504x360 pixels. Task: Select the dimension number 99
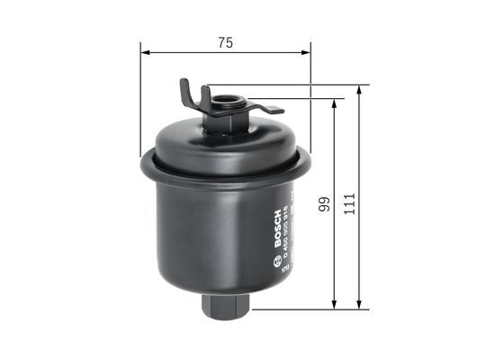pos(321,205)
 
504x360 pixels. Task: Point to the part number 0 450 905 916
pos(286,227)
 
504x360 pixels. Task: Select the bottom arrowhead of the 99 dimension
pos(335,304)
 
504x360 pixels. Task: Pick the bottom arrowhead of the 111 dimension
pos(360,304)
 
